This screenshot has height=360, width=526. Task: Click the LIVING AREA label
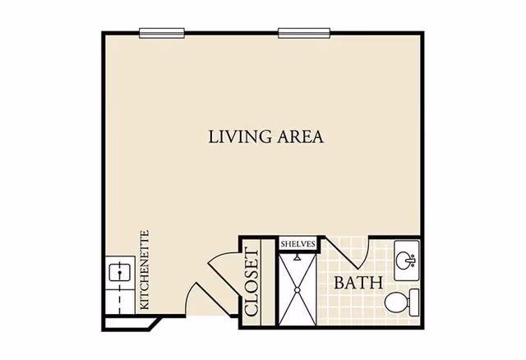(x=266, y=137)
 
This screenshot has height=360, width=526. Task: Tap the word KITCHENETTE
(x=144, y=270)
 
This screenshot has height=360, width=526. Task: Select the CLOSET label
(x=252, y=282)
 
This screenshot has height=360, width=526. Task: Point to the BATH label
(x=358, y=283)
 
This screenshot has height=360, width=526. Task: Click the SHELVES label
(x=298, y=244)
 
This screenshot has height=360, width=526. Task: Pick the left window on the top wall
(x=162, y=33)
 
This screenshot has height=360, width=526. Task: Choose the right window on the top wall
(x=304, y=33)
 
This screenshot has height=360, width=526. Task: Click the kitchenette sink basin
(x=120, y=273)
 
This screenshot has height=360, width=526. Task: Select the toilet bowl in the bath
(x=396, y=302)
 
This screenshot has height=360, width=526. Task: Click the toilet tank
(x=414, y=302)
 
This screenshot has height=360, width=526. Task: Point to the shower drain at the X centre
(x=298, y=290)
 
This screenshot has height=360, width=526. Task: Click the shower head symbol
(x=297, y=257)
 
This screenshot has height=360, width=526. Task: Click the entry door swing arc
(x=191, y=295)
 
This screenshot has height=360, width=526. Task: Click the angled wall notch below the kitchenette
(x=156, y=323)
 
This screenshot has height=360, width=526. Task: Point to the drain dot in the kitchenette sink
(x=120, y=272)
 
